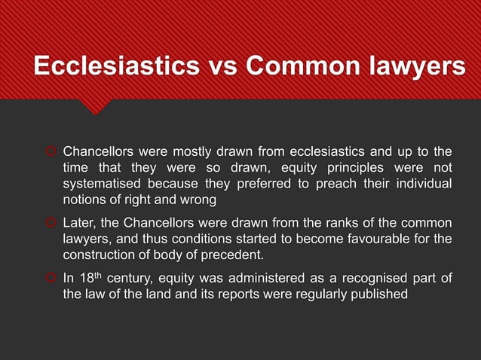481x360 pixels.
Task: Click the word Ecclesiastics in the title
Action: pyautogui.click(x=109, y=66)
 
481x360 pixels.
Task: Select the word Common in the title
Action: pyautogui.click(x=295, y=66)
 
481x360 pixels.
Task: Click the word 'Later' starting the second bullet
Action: pyautogui.click(x=78, y=223)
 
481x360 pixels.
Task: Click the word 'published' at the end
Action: pyautogui.click(x=378, y=296)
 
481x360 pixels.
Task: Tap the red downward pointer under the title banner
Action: pyautogui.click(x=94, y=105)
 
